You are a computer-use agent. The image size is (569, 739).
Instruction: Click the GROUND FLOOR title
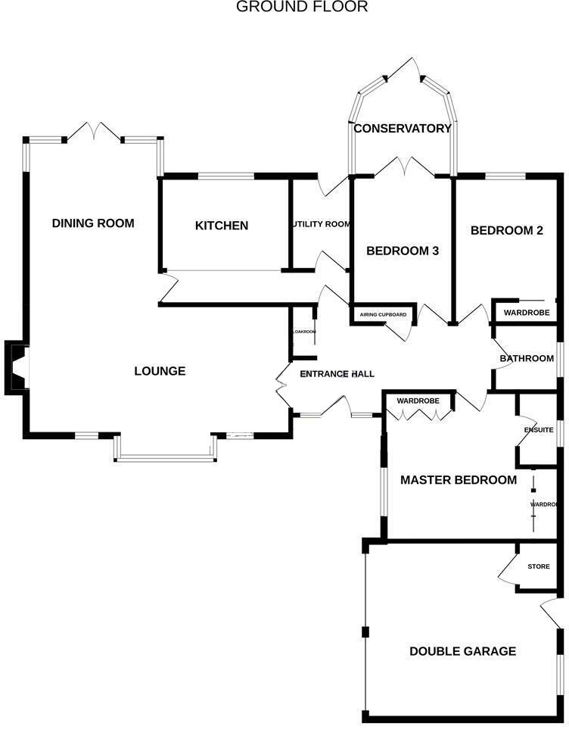tap(302, 8)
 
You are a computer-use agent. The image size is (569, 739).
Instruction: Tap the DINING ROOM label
tap(93, 223)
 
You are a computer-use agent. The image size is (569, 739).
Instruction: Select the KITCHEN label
tap(222, 226)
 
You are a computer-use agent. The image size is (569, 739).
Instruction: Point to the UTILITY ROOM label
tap(322, 224)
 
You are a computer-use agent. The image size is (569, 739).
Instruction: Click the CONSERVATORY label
tap(403, 128)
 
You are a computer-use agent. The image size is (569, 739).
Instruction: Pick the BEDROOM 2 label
tap(507, 231)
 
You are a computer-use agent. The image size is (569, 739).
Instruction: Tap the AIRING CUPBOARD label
tap(383, 314)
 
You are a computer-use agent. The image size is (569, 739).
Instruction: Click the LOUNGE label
tap(160, 371)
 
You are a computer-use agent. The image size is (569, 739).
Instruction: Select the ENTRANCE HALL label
tap(337, 374)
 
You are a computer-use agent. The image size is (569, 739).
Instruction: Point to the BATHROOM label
tap(527, 358)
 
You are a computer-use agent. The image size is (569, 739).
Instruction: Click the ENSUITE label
tap(539, 430)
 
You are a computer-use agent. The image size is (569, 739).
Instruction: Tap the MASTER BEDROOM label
tap(459, 480)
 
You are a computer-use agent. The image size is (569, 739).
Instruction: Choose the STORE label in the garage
tap(539, 566)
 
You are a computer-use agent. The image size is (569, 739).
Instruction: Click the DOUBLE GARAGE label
tap(462, 651)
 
